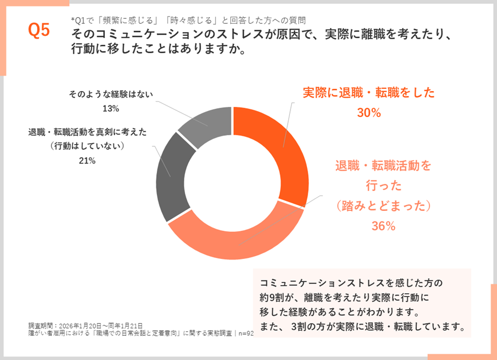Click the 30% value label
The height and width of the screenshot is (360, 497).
click(369, 113)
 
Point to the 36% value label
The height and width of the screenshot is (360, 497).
click(383, 226)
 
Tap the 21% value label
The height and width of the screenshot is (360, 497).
click(88, 161)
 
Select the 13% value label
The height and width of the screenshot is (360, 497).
click(111, 108)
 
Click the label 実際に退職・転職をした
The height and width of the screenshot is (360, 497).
click(369, 93)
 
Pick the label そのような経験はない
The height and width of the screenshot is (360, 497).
click(110, 95)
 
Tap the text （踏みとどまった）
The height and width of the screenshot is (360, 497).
click(383, 205)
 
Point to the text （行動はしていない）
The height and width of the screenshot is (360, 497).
click(87, 146)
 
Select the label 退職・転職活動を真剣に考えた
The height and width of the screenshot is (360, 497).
click(87, 133)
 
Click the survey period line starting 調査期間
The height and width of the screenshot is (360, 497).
click(86, 325)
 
